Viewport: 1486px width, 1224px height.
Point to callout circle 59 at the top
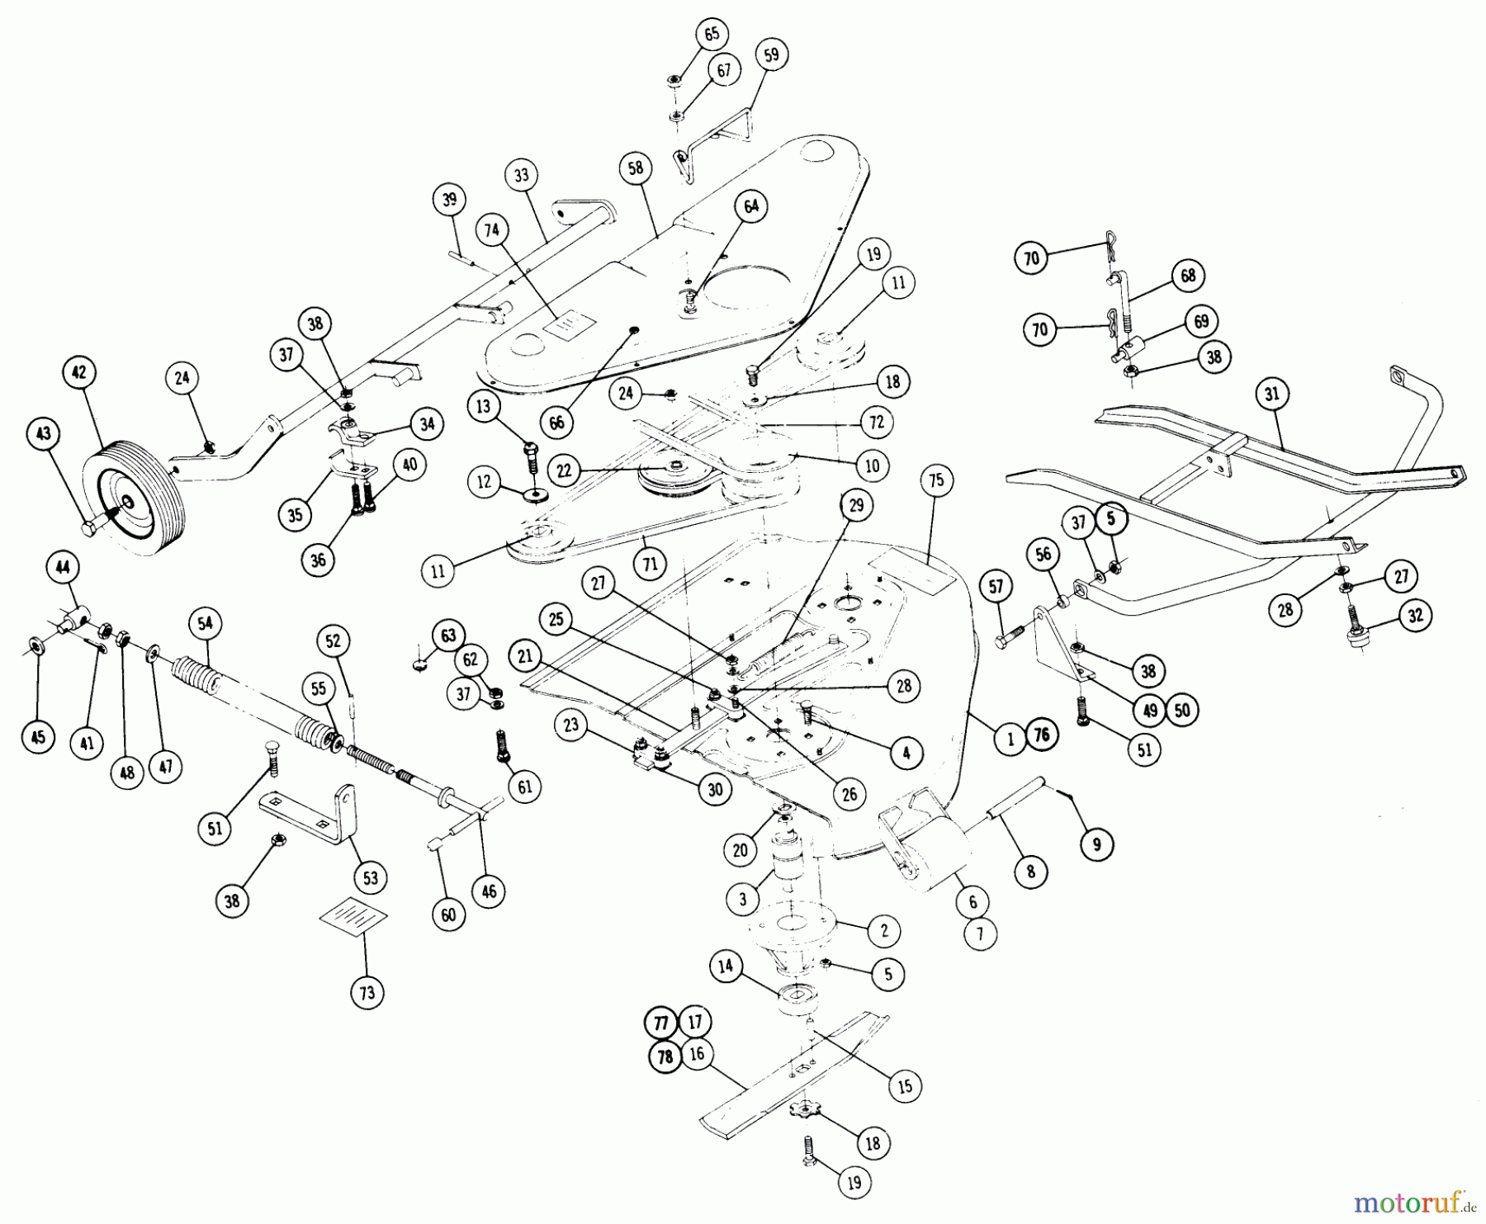(771, 55)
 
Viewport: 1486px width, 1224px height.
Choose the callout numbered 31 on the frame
(1271, 395)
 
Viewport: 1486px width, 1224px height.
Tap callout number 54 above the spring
(206, 624)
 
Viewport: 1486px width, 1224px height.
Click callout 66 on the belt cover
(557, 422)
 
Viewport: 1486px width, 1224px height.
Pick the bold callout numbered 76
(1041, 735)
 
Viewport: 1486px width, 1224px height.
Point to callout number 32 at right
(1416, 616)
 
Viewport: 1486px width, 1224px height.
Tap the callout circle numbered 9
(1097, 844)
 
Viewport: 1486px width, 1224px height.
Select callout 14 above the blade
(726, 966)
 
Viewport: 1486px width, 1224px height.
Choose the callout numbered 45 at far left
(38, 735)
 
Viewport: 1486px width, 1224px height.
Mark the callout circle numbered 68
(1188, 276)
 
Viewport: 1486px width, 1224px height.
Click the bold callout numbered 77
(660, 1023)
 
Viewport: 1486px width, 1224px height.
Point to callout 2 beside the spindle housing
(883, 931)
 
